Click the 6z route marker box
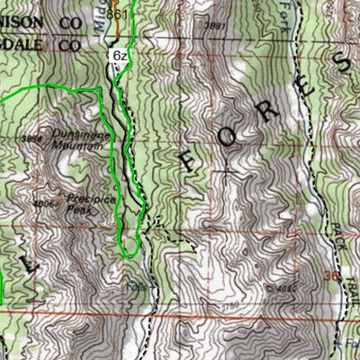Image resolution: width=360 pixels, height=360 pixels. point(119,55)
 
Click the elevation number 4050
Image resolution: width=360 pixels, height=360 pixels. point(285,287)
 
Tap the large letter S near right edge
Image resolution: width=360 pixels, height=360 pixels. point(340,63)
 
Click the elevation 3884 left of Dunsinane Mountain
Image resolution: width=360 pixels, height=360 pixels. point(33,139)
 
